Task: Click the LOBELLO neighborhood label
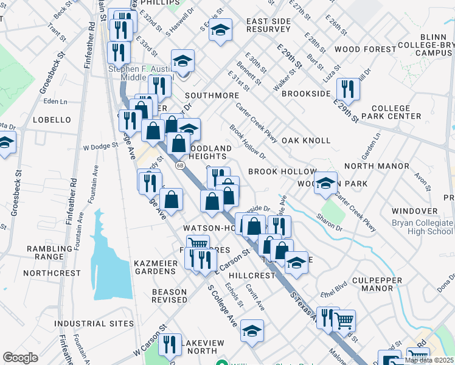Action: tap(52, 120)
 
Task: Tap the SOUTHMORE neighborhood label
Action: tap(212, 96)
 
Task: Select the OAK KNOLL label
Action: tap(306, 141)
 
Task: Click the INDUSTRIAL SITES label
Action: tap(94, 323)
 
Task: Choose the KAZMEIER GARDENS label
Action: tap(155, 266)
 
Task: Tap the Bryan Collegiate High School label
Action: tap(422, 227)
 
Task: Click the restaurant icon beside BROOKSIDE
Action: tap(348, 88)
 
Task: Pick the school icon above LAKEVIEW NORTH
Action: tap(252, 330)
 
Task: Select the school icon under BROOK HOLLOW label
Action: tap(326, 182)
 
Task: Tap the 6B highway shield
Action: tap(180, 165)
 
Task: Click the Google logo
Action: tap(20, 357)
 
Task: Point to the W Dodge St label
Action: tap(100, 147)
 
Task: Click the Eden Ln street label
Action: tap(55, 102)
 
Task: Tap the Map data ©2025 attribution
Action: tap(428, 360)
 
